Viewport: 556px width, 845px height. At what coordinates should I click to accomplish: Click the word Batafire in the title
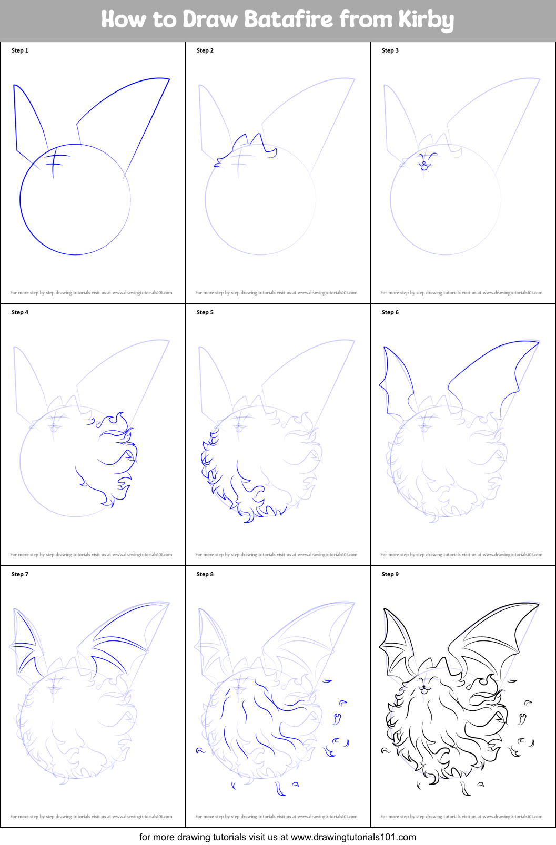(289, 19)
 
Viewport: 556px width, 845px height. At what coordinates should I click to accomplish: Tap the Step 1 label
(19, 50)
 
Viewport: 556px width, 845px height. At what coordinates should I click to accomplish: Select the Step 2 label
(205, 50)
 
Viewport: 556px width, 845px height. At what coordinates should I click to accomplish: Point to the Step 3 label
(390, 50)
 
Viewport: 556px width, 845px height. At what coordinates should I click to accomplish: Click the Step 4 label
(19, 312)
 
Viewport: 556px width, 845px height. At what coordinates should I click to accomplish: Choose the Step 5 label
(205, 312)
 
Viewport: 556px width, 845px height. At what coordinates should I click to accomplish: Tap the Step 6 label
(390, 312)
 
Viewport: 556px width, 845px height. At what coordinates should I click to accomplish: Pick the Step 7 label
(19, 574)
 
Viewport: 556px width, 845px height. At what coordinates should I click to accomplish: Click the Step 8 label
(205, 574)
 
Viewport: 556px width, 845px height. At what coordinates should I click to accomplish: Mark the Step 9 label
(390, 574)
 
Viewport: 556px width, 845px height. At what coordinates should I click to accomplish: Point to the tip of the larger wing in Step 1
(169, 79)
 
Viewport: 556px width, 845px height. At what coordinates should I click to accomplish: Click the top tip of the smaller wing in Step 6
(384, 347)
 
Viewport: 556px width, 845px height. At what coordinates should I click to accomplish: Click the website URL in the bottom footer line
(353, 837)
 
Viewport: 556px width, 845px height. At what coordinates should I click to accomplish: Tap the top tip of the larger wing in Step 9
(538, 604)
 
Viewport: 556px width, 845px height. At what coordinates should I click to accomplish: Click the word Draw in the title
(210, 19)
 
